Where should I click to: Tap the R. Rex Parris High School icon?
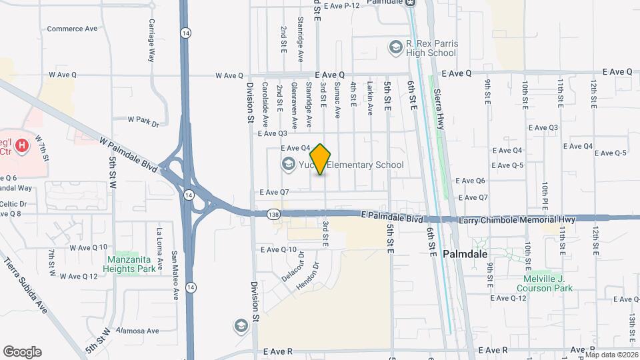(x=395, y=47)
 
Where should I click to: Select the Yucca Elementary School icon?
(x=289, y=164)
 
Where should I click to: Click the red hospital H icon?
(x=22, y=145)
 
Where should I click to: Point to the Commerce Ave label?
(x=72, y=29)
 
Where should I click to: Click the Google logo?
(x=22, y=351)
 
